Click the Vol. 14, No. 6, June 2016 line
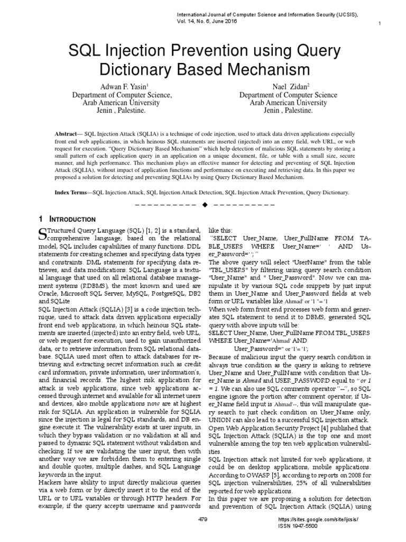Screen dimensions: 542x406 [207, 21]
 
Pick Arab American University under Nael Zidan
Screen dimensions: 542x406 [280, 103]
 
